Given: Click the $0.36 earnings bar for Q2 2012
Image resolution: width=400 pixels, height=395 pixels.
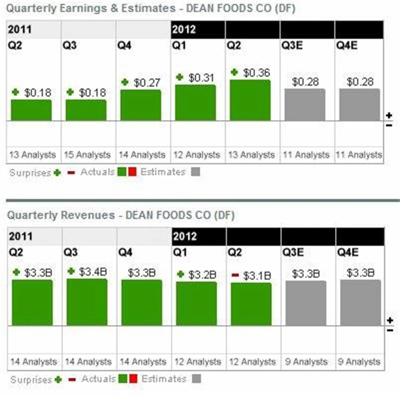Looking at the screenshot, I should pos(250,100).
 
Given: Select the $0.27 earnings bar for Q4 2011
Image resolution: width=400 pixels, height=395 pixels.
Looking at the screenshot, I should pos(141,105).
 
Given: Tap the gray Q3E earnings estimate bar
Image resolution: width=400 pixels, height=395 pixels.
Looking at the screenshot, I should pos(305,104).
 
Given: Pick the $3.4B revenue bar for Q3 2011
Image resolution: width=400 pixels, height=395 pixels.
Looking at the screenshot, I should pos(86,302).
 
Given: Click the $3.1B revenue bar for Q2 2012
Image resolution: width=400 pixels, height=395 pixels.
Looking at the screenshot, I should pos(250,304).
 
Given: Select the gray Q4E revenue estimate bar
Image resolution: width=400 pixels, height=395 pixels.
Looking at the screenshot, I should pos(360,302).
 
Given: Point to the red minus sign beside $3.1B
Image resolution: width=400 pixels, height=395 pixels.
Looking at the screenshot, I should pos(234,275).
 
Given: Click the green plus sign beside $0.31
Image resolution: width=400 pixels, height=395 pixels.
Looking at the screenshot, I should pos(180,77).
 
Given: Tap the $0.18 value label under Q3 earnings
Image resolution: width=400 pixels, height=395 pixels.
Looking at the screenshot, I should pos(91,92).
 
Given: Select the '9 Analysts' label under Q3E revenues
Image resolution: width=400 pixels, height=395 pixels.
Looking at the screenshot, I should pos(305,361).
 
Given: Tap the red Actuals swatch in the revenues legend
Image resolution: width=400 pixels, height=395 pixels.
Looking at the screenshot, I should pos(132,379).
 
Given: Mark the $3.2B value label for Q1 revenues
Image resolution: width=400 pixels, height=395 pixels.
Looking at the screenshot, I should pos(201,274).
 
